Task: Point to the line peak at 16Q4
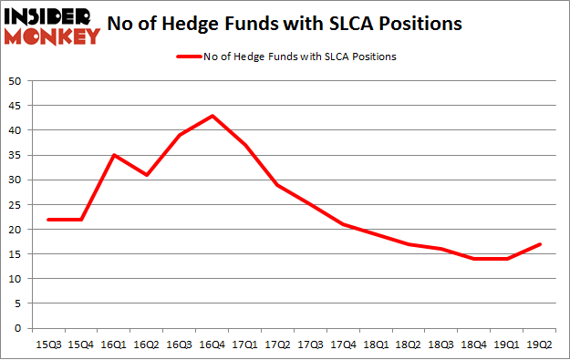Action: click(213, 116)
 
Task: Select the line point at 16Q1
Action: click(114, 155)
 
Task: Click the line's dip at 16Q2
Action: click(147, 175)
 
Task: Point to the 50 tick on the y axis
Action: click(15, 81)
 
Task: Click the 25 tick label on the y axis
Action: click(15, 204)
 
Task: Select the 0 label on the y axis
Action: click(17, 328)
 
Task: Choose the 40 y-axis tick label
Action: click(15, 130)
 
